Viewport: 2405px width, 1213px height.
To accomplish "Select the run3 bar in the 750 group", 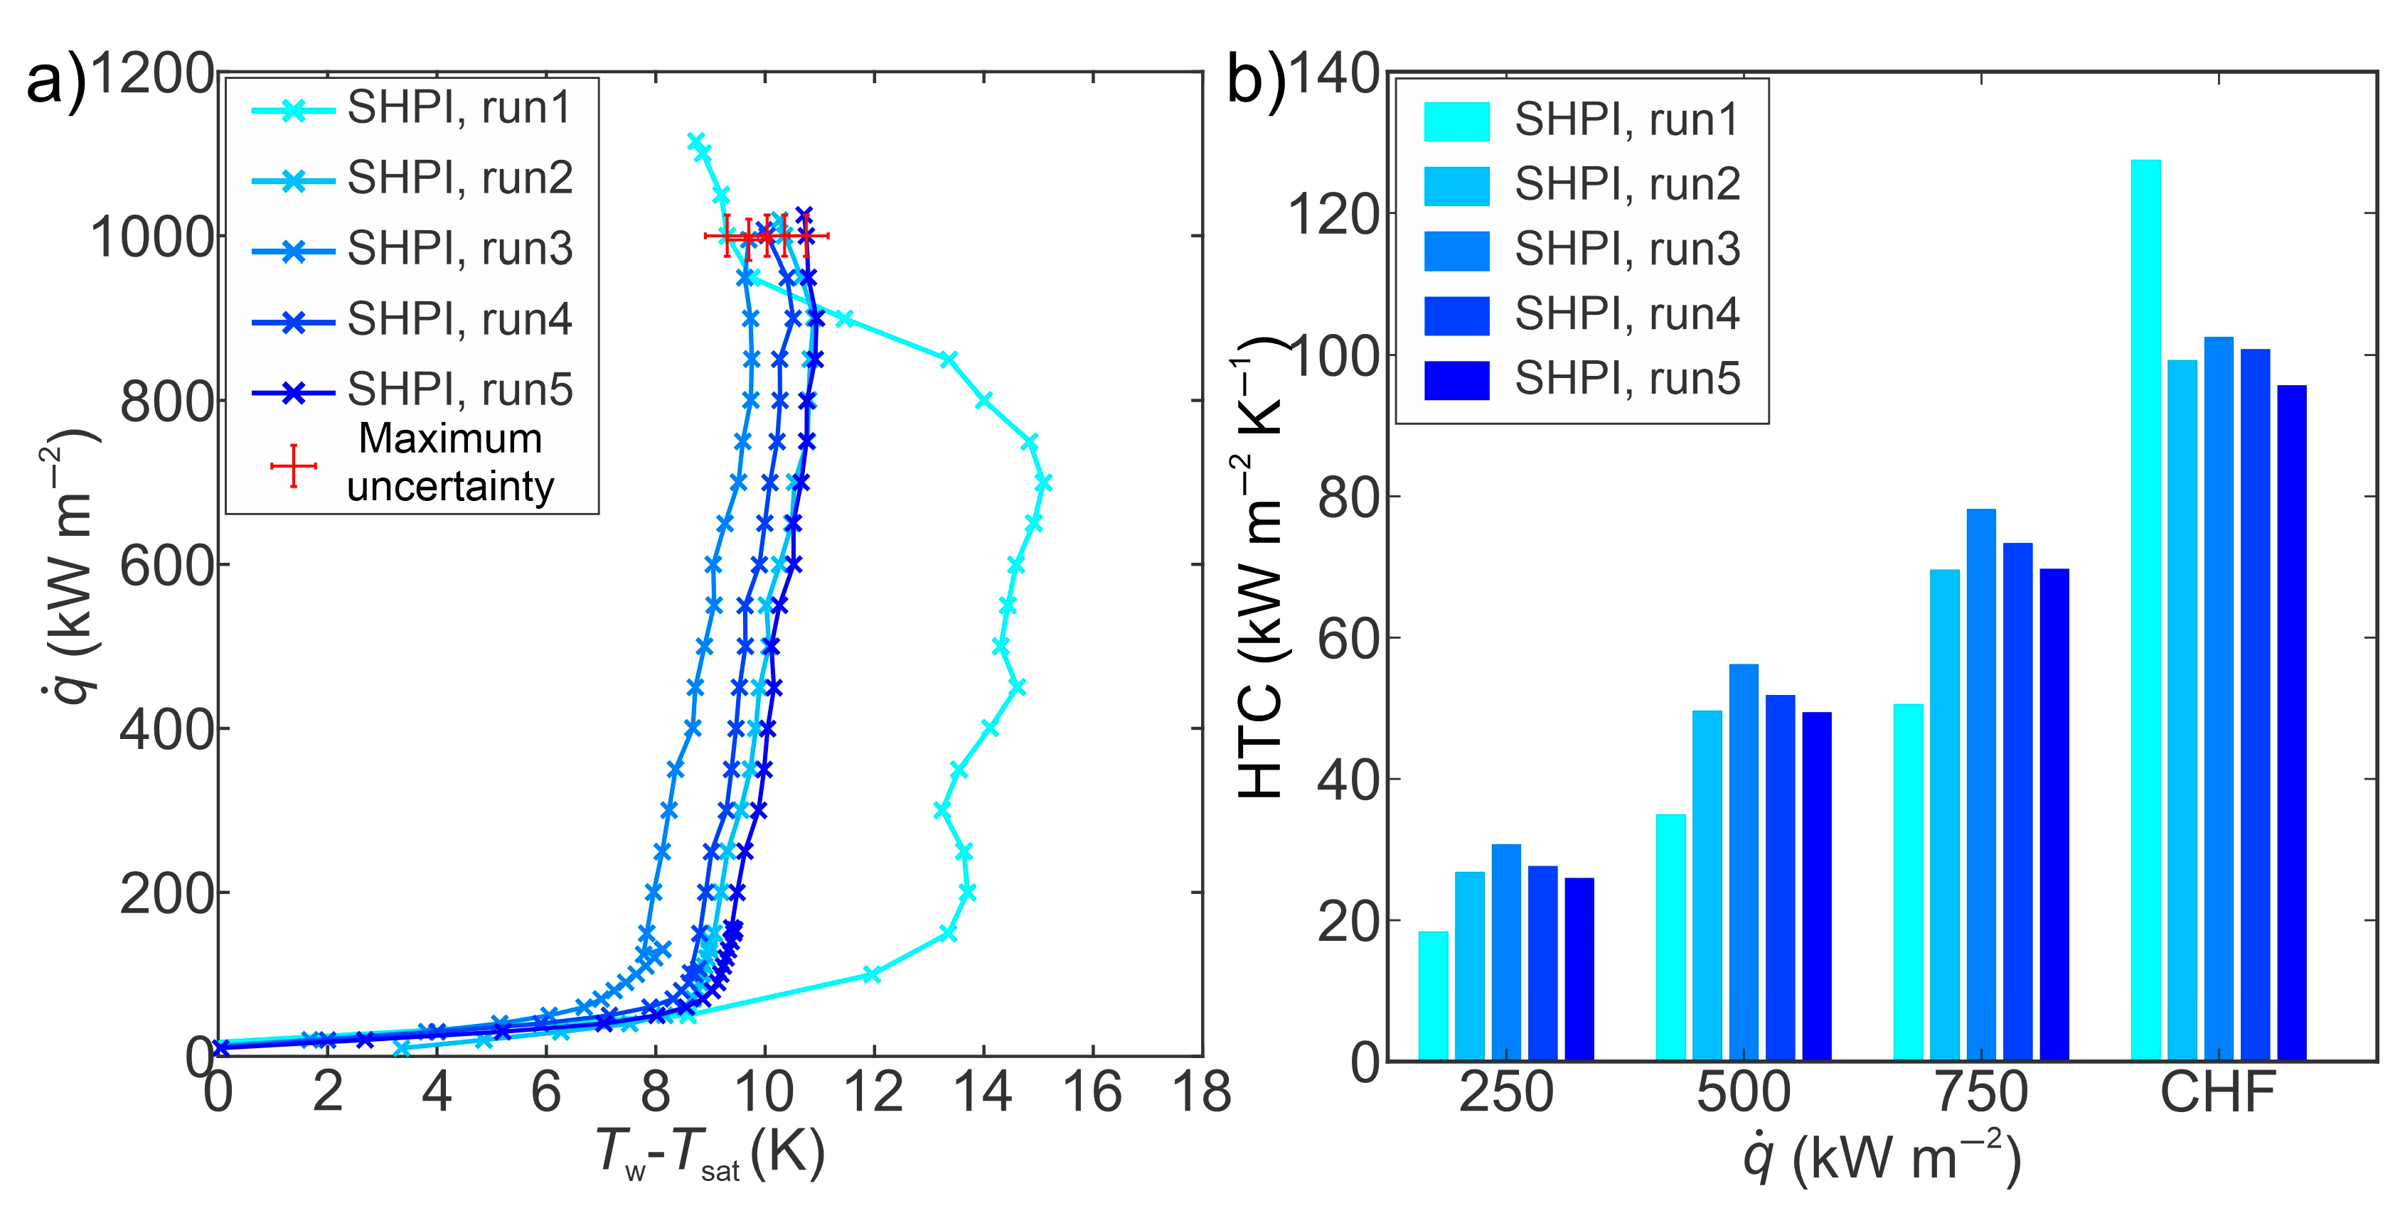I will coord(1980,784).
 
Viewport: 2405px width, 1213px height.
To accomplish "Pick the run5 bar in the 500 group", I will coord(1816,885).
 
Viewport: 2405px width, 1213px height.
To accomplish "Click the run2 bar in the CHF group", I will coord(2182,710).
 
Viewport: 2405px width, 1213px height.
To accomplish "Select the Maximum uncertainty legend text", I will coord(450,463).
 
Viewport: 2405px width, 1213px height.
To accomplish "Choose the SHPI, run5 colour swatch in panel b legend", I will coord(1456,379).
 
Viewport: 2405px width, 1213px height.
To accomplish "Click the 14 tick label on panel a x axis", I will coord(982,1091).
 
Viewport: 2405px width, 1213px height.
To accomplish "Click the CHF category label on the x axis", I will coord(2217,1091).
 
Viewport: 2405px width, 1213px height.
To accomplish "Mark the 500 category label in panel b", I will coord(1743,1091).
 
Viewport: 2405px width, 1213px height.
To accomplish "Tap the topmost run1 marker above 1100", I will coord(695,141).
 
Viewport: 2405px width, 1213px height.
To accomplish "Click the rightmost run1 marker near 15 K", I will coord(1044,482).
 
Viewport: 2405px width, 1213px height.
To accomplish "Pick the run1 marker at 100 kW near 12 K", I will coord(871,974).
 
